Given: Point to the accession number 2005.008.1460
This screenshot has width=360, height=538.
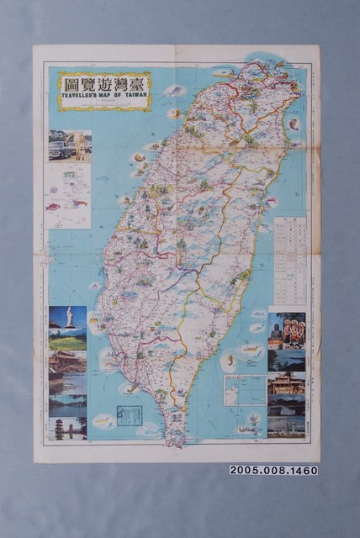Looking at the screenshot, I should click(273, 470).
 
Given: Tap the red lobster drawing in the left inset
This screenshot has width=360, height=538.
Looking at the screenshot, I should click(79, 203).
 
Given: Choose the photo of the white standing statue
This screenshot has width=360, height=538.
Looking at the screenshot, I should click(68, 317).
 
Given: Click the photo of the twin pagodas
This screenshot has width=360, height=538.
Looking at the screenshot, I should click(68, 428).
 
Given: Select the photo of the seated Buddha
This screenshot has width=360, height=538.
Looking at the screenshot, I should click(277, 329).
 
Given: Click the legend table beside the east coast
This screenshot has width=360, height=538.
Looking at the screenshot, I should click(289, 261).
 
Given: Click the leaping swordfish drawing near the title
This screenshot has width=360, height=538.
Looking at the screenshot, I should click(174, 90).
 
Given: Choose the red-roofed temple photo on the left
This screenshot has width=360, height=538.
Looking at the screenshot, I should click(68, 361).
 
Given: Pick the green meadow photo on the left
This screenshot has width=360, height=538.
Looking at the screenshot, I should click(68, 340).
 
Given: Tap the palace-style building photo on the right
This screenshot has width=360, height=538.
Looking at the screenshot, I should click(286, 383).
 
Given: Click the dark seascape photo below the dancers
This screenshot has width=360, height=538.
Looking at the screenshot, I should click(286, 360).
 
